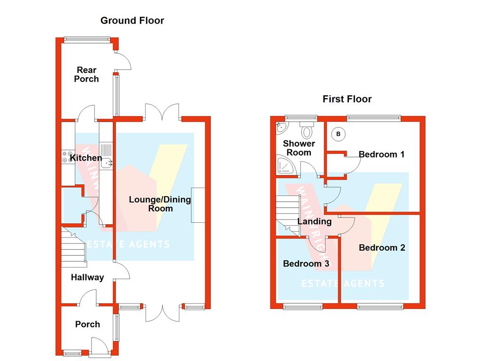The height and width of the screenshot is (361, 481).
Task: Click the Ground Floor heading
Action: [132, 20]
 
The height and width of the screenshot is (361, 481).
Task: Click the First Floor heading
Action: [347, 99]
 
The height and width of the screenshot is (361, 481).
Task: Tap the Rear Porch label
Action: [86, 75]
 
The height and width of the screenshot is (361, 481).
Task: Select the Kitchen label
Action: [86, 158]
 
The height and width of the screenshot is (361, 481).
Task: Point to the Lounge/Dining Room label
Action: [160, 204]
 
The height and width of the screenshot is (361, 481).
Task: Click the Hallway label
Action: [87, 277]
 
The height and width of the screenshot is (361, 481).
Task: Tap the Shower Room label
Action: [299, 148]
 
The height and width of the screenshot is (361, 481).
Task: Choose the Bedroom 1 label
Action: [381, 154]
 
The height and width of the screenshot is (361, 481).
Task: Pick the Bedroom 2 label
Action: [382, 248]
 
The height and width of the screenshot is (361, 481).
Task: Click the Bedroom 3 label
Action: [306, 264]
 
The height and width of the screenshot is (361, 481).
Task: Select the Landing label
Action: [315, 221]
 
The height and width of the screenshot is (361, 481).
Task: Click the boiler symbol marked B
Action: [338, 134]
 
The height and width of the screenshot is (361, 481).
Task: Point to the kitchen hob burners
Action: [64, 157]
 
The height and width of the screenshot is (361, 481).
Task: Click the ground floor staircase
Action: [73, 247]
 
